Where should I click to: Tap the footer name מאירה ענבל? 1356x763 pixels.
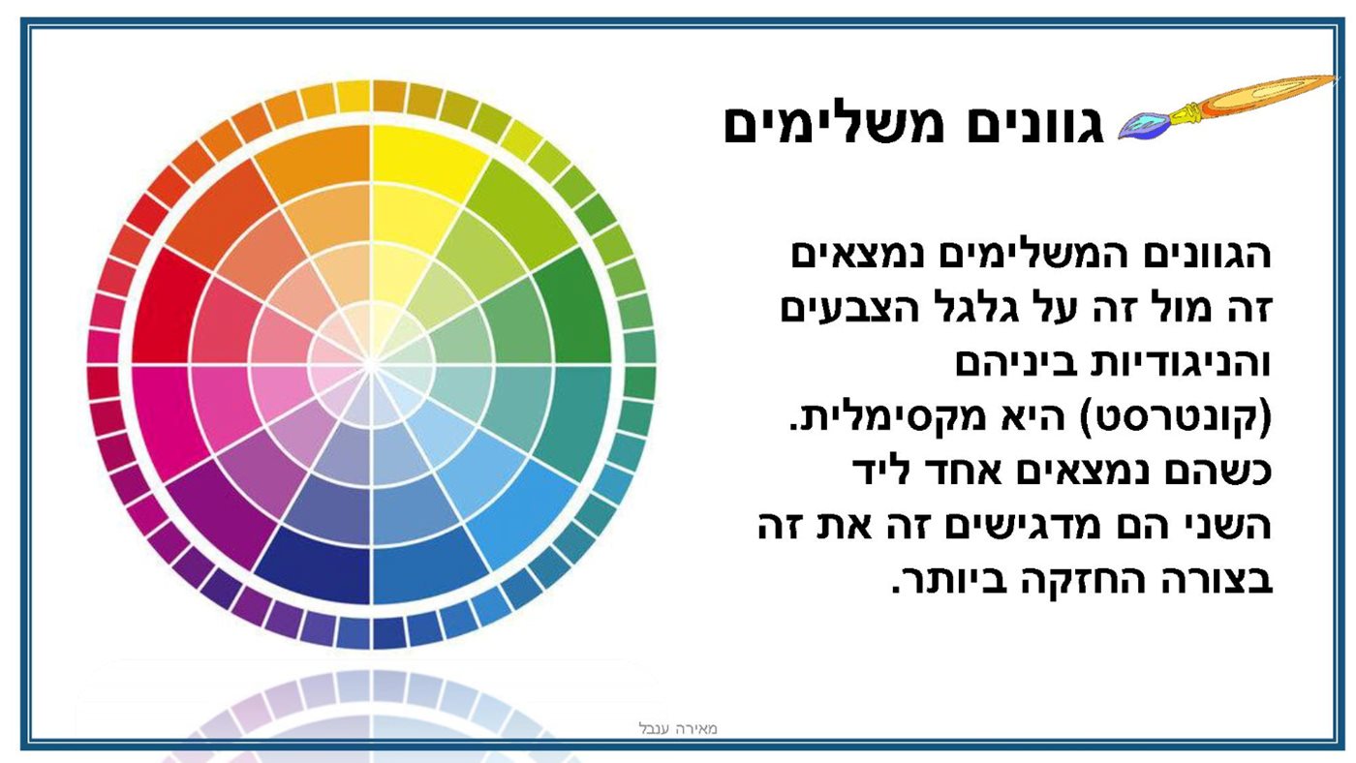(678, 728)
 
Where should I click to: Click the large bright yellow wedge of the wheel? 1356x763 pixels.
(424, 154)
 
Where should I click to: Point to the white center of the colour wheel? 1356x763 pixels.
(371, 365)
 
